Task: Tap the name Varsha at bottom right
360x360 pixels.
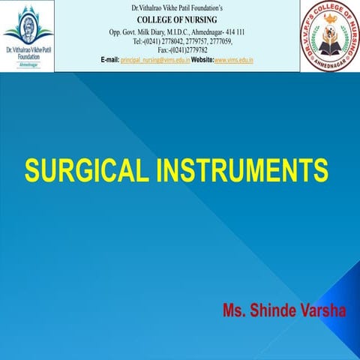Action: (320, 310)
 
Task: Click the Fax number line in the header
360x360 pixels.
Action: (182, 49)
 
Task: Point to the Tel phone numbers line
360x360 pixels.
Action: (182, 40)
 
